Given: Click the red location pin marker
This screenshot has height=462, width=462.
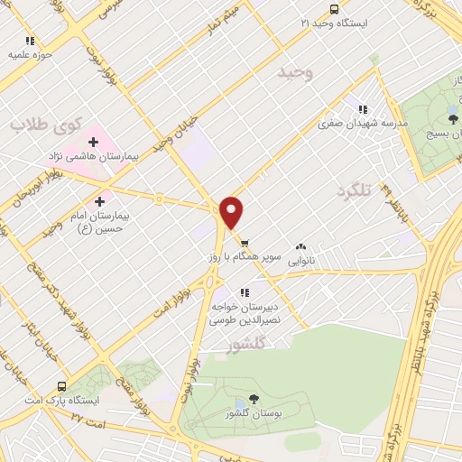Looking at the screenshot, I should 232,213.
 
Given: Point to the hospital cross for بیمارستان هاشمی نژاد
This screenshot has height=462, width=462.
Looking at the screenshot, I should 93,142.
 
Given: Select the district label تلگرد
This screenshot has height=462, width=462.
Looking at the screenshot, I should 355,190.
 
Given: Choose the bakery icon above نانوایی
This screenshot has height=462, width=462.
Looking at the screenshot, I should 300,245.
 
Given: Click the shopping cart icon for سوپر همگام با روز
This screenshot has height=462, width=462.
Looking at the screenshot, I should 245,243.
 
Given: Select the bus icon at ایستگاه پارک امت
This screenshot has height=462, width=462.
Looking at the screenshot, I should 61,383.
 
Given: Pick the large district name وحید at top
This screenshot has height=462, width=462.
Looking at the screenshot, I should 296,73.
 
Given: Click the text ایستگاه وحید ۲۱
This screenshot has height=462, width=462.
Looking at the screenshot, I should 337,22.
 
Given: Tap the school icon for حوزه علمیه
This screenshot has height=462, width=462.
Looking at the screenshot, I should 30,41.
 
